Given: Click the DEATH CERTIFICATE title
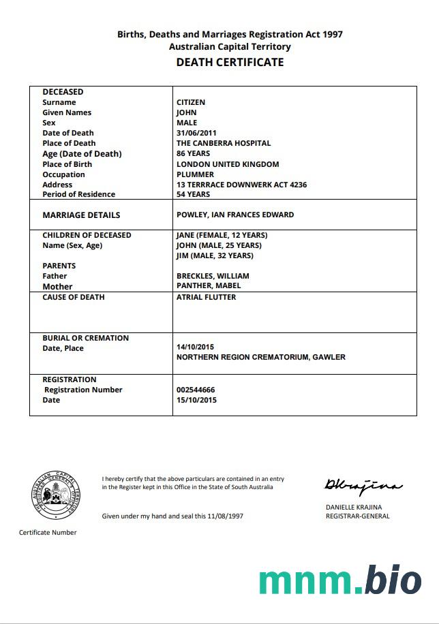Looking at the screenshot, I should tap(230, 62).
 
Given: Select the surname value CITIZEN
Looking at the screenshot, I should tap(191, 102).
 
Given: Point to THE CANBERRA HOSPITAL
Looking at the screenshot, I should tap(224, 143).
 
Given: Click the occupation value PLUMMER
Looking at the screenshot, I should tap(195, 174).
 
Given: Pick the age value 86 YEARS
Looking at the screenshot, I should tap(193, 153).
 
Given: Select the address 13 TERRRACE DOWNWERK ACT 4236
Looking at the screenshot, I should tap(241, 185).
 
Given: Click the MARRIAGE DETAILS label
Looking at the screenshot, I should tap(81, 215).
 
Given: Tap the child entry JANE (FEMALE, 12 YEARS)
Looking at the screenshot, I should tap(222, 235).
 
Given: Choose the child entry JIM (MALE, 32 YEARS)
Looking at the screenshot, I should tap(215, 255).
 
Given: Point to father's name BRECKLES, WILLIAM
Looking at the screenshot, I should tap(213, 276).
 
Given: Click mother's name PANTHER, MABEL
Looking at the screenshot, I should tap(209, 285).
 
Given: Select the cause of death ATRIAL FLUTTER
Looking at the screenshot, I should tap(207, 297).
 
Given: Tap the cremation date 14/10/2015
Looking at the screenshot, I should tap(196, 347).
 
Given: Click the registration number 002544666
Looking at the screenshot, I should tap(196, 390).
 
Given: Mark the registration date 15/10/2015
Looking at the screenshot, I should tap(196, 400).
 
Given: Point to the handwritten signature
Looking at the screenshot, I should tap(363, 486).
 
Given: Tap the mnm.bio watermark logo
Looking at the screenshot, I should tap(340, 580).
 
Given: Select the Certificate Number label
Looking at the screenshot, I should tap(48, 532).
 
